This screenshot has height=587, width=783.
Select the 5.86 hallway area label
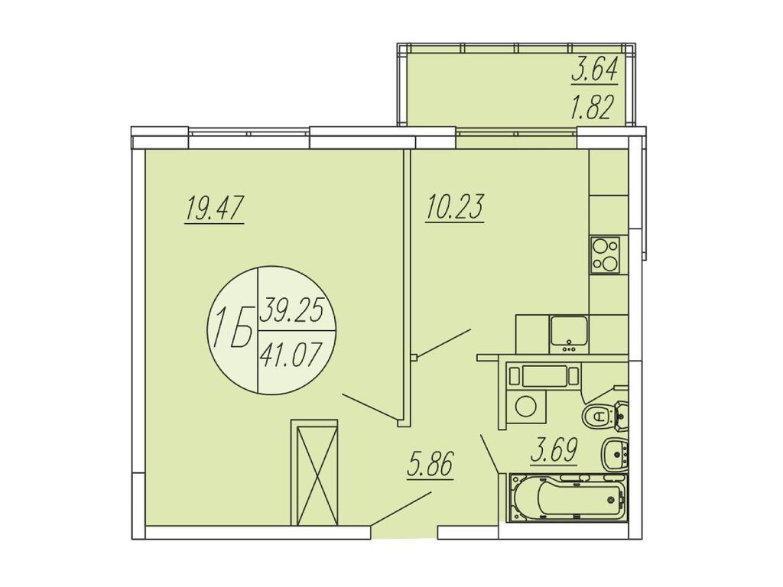point(430,465)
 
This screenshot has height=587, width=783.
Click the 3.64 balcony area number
point(595,71)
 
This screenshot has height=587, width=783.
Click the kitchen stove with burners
point(606,255)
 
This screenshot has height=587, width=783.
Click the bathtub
point(569,498)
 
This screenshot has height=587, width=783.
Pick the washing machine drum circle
point(525,406)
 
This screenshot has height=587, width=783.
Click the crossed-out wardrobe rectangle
point(314,473)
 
